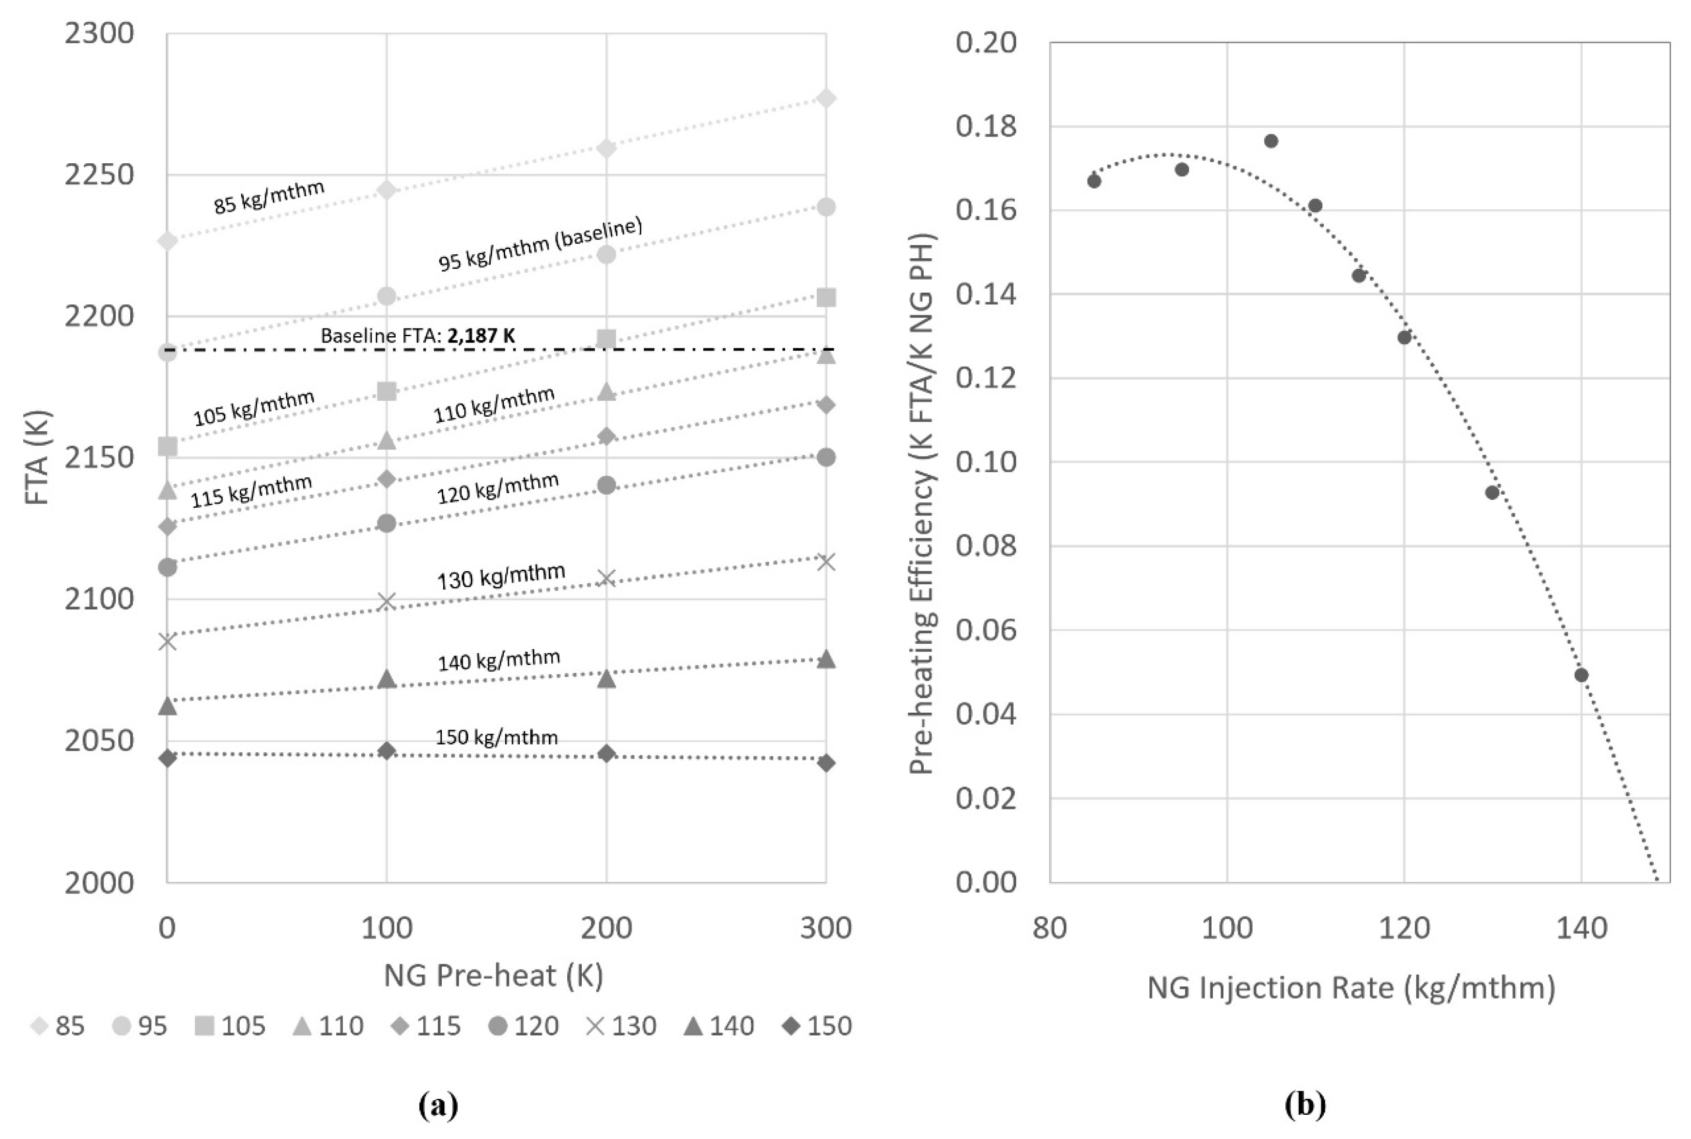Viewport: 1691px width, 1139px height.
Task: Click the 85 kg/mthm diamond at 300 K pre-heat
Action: (825, 98)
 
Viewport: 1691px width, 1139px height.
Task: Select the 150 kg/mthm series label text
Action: (496, 737)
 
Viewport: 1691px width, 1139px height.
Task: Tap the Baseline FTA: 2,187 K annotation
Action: (418, 336)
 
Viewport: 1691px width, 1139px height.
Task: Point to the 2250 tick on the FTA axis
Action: (99, 174)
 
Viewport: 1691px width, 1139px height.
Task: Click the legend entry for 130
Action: (621, 1026)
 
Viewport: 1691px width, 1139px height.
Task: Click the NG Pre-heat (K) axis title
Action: (493, 975)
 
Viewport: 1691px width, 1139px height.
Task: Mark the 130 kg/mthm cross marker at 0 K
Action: (168, 640)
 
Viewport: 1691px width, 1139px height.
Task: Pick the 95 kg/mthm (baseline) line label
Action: (540, 244)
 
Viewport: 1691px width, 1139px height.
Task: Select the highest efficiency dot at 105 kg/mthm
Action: (1271, 141)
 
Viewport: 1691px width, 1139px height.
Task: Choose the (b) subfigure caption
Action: (1305, 1105)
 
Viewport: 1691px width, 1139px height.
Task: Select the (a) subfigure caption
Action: (438, 1106)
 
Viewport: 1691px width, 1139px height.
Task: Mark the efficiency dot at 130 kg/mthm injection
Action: (1492, 493)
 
